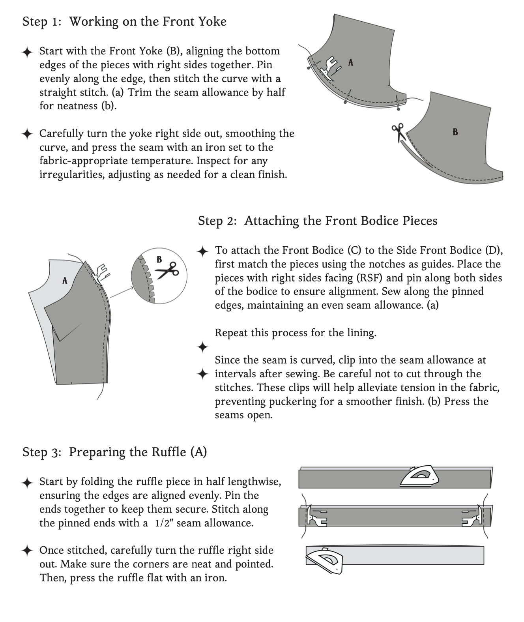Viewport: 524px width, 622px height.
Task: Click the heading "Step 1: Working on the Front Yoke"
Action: click(x=124, y=21)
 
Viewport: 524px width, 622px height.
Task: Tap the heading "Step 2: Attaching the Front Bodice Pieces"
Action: click(x=318, y=221)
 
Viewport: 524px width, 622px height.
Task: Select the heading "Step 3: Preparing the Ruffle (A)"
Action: click(x=114, y=452)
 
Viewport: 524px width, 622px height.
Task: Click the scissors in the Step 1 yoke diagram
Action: click(x=398, y=131)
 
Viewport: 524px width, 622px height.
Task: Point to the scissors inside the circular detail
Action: click(x=167, y=271)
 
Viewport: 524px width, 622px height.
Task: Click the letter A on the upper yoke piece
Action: click(x=351, y=62)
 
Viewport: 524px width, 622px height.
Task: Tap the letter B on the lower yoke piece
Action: click(x=455, y=132)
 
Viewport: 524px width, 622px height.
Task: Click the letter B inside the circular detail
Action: click(x=159, y=259)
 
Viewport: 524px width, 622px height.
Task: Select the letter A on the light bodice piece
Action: click(x=65, y=281)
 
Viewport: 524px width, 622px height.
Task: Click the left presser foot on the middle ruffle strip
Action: click(x=317, y=517)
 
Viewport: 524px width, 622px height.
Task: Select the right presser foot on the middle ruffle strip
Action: click(x=472, y=517)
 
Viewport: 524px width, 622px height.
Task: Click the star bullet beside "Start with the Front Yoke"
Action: click(x=27, y=52)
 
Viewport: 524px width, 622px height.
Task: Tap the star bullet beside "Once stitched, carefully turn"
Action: click(x=27, y=551)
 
